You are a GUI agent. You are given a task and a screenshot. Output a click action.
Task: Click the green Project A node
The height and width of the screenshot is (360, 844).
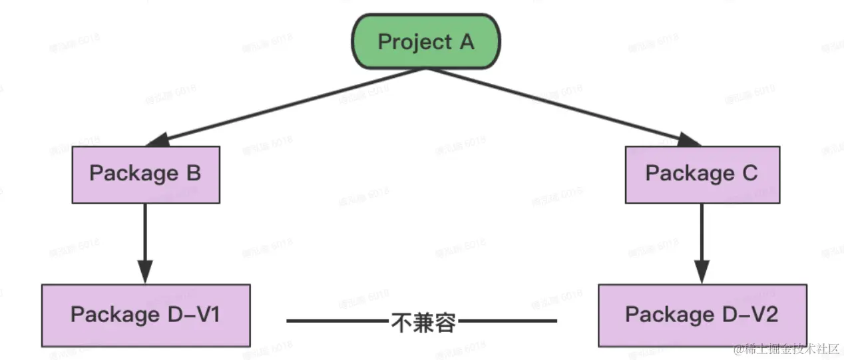click(426, 42)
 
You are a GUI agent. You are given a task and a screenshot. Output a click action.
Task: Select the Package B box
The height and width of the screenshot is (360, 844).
click(145, 174)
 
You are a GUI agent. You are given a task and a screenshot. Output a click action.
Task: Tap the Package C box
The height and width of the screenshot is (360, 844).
click(702, 174)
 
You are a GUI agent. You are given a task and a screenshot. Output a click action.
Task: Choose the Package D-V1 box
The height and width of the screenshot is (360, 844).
click(146, 315)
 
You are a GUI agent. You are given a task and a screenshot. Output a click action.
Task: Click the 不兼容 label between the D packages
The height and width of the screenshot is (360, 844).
click(422, 322)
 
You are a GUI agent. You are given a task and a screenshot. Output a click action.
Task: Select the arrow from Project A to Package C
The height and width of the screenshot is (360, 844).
click(566, 106)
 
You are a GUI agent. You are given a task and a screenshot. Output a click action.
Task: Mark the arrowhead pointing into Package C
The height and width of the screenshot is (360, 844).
click(688, 140)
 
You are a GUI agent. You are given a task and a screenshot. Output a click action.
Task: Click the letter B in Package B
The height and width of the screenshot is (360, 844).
click(193, 174)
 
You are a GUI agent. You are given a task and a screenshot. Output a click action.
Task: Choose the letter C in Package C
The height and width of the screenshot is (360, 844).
click(749, 174)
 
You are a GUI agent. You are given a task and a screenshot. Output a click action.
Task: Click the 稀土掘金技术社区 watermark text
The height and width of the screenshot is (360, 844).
click(792, 349)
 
